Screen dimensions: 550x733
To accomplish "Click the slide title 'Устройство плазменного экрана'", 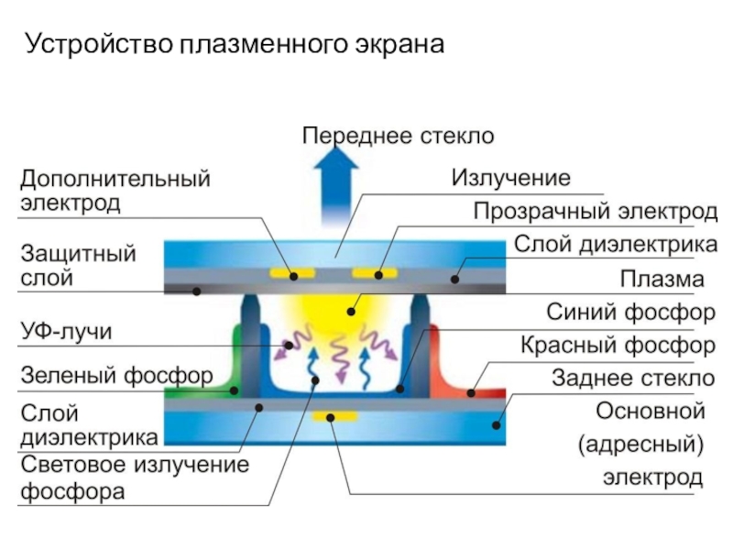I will (x=234, y=43).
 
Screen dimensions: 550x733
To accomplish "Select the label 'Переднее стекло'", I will (x=399, y=136).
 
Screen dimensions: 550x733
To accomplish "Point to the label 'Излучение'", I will (x=510, y=177).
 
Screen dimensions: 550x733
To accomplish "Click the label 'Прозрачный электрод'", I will (x=595, y=212).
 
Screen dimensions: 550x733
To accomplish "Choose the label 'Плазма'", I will (x=662, y=278).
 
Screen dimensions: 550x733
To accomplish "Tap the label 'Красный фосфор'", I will (x=618, y=346).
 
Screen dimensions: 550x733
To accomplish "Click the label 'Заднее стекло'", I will (x=632, y=378).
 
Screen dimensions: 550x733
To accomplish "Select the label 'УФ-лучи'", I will (x=67, y=332).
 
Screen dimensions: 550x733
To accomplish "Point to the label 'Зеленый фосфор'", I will (x=116, y=375).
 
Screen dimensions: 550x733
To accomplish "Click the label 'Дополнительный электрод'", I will (x=115, y=191).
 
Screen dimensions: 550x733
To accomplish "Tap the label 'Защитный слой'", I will (x=78, y=264).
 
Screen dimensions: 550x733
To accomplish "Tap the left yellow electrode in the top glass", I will (x=285, y=273).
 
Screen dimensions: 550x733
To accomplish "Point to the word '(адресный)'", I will (x=640, y=445).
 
